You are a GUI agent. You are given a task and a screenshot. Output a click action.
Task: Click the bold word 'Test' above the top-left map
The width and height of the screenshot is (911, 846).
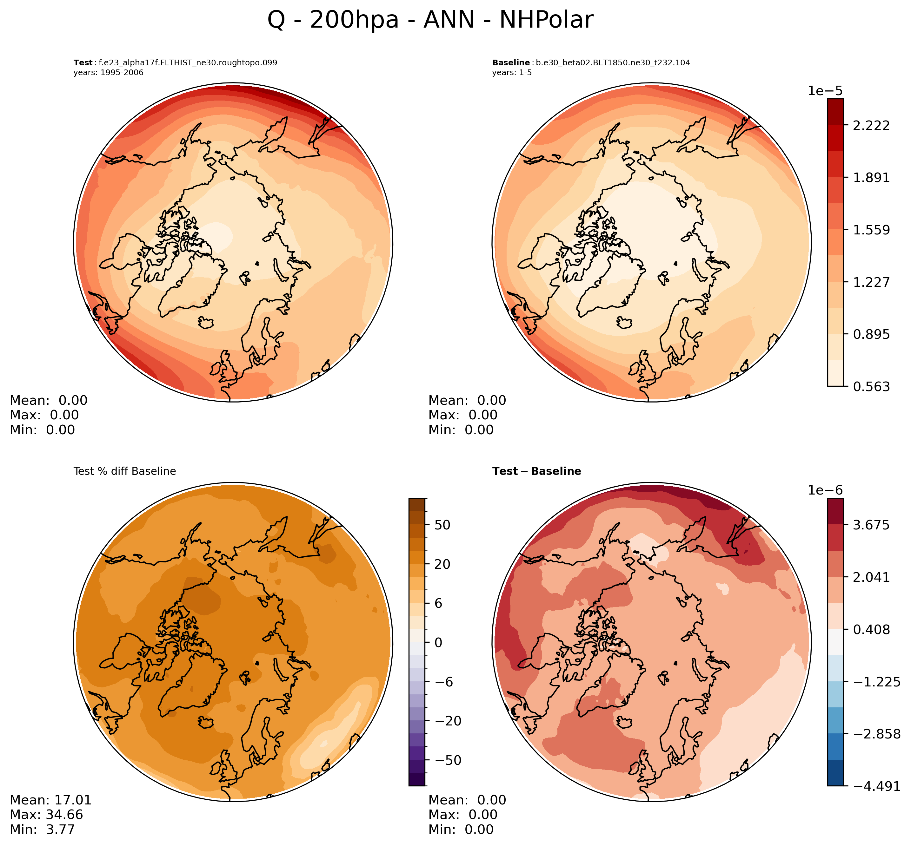(83, 63)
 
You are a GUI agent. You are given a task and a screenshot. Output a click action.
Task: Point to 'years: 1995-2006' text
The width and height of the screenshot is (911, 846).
(108, 73)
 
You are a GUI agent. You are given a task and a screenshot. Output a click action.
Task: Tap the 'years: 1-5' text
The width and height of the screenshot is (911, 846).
(512, 73)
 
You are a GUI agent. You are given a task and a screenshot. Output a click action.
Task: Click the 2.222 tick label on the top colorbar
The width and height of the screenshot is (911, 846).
(871, 125)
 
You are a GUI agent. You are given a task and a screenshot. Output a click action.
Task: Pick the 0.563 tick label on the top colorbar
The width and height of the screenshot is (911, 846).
(871, 387)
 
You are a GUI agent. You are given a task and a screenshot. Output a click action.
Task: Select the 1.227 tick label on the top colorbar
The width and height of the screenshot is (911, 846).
(871, 282)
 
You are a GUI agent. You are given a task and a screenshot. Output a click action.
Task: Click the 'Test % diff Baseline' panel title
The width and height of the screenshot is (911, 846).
(124, 471)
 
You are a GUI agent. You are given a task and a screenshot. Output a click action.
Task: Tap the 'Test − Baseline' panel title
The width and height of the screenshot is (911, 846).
(536, 471)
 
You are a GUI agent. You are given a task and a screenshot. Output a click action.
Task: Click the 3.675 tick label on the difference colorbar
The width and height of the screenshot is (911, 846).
(871, 525)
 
